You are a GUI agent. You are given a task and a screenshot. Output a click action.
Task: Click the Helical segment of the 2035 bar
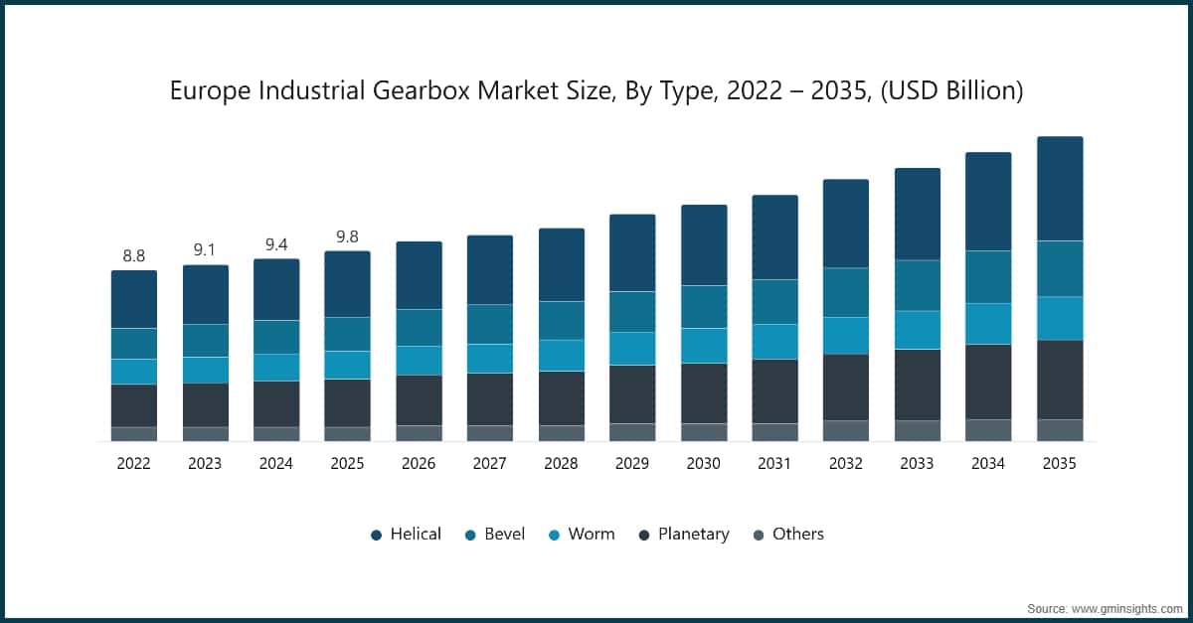[1059, 189]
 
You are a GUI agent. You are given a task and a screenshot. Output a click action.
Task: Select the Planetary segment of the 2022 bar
[133, 405]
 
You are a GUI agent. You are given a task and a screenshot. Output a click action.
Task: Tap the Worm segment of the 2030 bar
[704, 346]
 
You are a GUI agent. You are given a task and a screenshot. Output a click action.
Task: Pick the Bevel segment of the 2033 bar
[917, 285]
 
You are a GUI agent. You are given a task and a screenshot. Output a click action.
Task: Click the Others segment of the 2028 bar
[562, 433]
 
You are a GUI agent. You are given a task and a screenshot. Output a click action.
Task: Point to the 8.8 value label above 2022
[133, 256]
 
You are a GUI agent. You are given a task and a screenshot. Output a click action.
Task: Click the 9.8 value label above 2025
[347, 236]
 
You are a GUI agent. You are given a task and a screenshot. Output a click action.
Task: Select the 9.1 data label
[205, 250]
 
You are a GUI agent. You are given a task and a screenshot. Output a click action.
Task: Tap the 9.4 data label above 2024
[275, 244]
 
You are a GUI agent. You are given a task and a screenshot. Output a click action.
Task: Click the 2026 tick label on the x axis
[419, 463]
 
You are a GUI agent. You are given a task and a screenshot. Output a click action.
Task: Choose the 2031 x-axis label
[774, 463]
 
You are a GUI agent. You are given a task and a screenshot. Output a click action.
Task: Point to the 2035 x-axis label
[1059, 463]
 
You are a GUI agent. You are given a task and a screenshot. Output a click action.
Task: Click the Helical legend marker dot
[376, 535]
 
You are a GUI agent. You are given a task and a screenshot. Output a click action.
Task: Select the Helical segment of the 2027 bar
[490, 269]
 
